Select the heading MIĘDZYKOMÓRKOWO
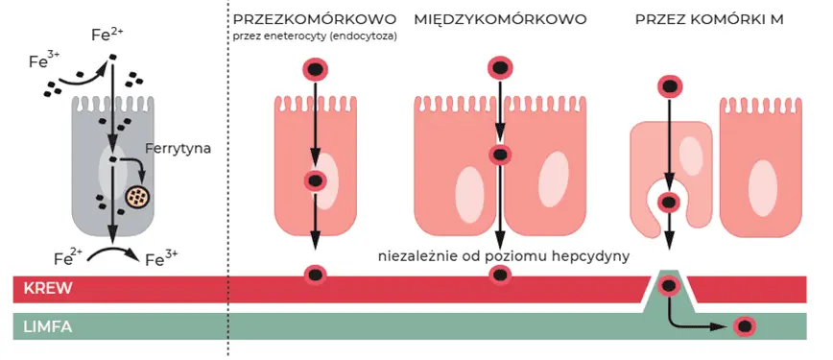[x=500, y=19]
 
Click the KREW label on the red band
[x=48, y=288]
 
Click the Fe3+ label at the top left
[x=42, y=61]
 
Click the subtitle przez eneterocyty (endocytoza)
[x=315, y=36]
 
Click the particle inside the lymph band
[x=744, y=325]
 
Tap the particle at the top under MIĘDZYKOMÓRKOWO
[x=499, y=68]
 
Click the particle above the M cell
[x=670, y=86]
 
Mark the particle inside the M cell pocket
[x=670, y=203]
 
